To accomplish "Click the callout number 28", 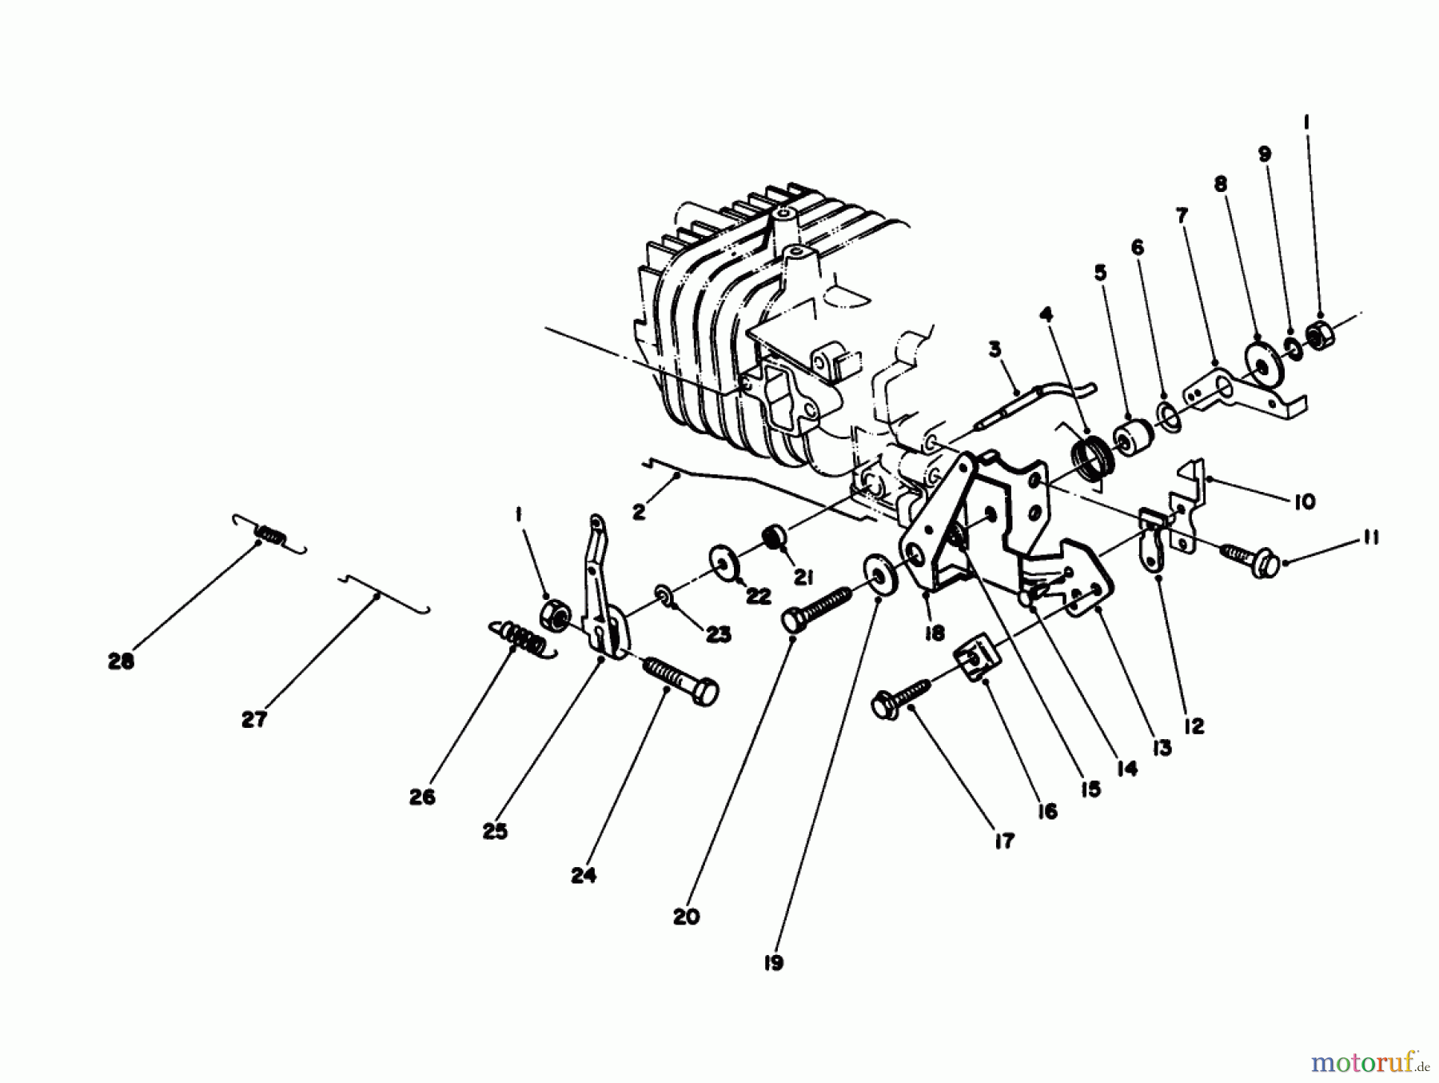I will coord(122,661).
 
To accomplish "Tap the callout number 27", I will coord(253,720).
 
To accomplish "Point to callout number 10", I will coord(1304,502).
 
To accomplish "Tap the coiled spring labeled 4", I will coord(1090,462).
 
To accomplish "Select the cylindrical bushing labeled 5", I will coord(1133,438).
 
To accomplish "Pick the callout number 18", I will coord(934,633).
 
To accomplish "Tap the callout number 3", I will coord(995,350).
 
